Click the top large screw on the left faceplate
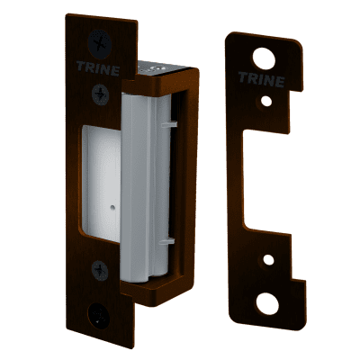[100, 45]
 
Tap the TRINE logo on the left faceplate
[98, 68]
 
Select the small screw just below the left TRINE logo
[100, 94]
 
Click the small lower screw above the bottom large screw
[100, 271]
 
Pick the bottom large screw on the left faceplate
[99, 314]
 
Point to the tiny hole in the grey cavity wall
[112, 207]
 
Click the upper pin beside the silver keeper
[169, 124]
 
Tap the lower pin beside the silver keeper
[167, 241]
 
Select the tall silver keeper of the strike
[146, 187]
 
